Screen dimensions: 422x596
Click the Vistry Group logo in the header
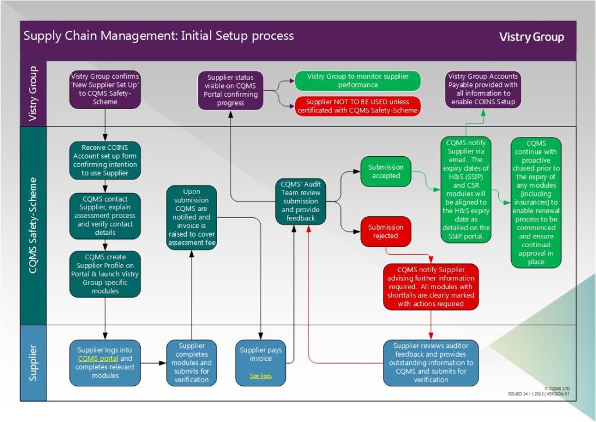click(x=531, y=37)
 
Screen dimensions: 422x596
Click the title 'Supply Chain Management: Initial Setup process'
click(x=158, y=36)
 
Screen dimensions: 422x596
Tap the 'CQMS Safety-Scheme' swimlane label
click(x=33, y=225)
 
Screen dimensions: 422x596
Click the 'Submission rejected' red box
click(x=386, y=231)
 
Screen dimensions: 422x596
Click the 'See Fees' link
click(x=260, y=376)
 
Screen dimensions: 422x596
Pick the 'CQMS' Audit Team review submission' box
click(x=301, y=201)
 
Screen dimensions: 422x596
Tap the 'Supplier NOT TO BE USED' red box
click(x=357, y=106)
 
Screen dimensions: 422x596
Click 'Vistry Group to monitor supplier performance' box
click(x=357, y=80)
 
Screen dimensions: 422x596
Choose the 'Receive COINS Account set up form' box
click(x=105, y=160)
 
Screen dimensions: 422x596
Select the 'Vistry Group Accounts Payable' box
click(x=483, y=89)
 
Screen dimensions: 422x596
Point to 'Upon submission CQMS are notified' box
click(x=191, y=217)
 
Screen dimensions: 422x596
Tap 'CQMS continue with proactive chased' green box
click(x=535, y=202)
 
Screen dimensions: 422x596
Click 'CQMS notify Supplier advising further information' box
click(x=431, y=286)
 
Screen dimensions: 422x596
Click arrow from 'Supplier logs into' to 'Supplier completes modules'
click(x=153, y=363)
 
